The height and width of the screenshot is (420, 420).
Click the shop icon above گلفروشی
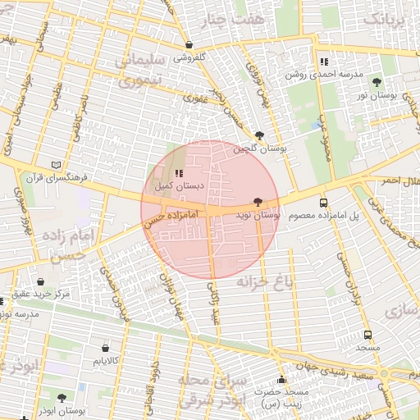[x=190, y=45]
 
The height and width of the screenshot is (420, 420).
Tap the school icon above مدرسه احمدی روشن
[x=325, y=62]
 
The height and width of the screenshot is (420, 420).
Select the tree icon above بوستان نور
[x=377, y=82]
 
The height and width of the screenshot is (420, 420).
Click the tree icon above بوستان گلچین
[x=260, y=135]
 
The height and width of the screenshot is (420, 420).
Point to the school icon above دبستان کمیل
[x=179, y=173]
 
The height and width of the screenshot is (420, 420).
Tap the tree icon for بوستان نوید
[x=258, y=201]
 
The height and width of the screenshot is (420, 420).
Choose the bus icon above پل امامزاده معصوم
[x=323, y=202]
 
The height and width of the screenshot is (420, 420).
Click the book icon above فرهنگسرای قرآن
[x=56, y=163]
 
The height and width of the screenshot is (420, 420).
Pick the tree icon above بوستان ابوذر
[x=62, y=398]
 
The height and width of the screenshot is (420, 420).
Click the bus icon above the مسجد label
[x=367, y=335]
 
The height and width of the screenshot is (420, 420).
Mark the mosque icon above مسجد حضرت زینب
[x=282, y=380]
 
